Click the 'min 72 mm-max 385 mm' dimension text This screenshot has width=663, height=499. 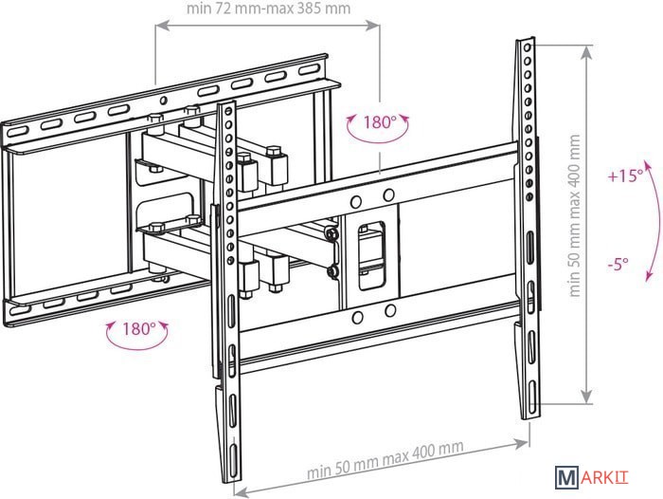point(268,9)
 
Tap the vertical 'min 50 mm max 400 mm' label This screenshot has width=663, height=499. point(574,215)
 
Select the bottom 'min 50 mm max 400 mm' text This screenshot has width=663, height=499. point(385,459)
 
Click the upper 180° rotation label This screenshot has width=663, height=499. point(379,122)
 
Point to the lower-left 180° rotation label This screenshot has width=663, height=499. point(139,328)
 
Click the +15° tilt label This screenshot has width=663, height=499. point(625,176)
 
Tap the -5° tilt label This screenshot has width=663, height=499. point(618,265)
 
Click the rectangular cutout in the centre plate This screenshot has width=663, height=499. point(371,255)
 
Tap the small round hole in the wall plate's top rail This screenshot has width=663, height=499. point(163,101)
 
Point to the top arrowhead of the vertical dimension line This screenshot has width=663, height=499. point(586,52)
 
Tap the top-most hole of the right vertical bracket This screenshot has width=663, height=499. point(528,47)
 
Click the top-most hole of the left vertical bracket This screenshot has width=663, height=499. point(229,112)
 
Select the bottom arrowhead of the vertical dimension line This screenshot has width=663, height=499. point(586,396)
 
